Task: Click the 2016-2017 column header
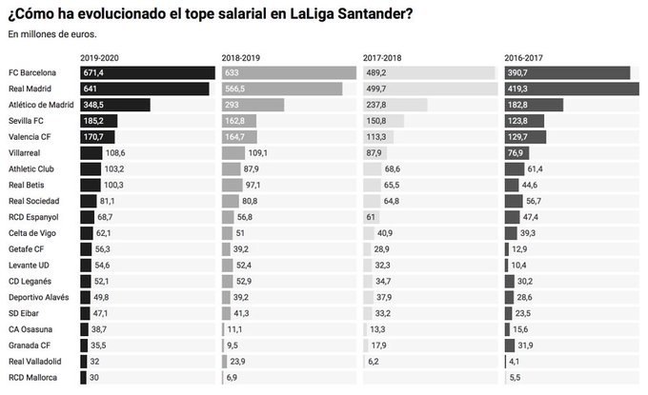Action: click(x=525, y=58)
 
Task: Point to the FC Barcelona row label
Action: click(x=32, y=73)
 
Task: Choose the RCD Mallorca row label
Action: click(x=33, y=378)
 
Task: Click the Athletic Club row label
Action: click(x=31, y=168)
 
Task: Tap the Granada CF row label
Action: click(x=30, y=346)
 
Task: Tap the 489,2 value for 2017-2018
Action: click(x=378, y=73)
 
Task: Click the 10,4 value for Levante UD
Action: click(x=521, y=264)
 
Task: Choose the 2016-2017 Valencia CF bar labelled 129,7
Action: click(x=525, y=137)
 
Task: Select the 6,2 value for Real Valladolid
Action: click(x=374, y=362)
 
